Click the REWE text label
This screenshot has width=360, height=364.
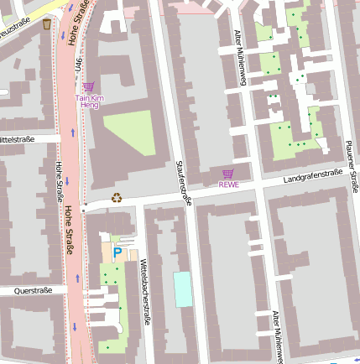click(x=228, y=185)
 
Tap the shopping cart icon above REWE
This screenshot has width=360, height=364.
click(x=228, y=174)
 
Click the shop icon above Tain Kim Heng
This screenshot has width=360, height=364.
click(x=89, y=86)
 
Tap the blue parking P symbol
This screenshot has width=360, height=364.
click(x=117, y=251)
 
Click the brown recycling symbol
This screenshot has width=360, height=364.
click(x=117, y=199)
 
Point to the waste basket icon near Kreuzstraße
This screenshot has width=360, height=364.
click(x=46, y=24)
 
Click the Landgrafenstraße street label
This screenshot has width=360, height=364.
click(x=312, y=174)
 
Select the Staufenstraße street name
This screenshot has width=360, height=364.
click(x=184, y=182)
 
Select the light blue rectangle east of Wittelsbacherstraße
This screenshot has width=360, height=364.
click(x=182, y=289)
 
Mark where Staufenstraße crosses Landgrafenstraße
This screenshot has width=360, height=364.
click(x=190, y=193)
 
